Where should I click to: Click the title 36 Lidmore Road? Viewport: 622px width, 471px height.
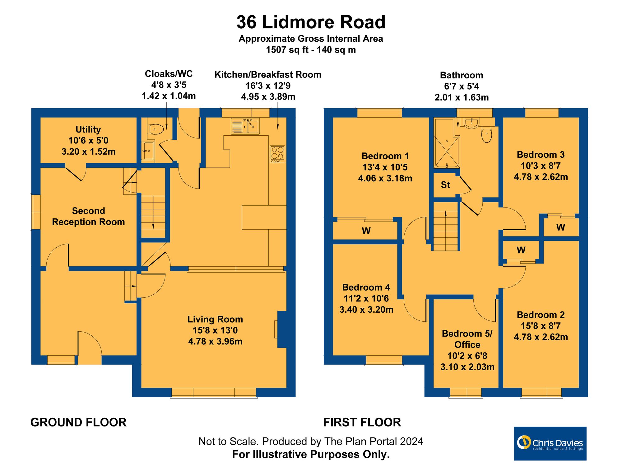pyautogui.click(x=311, y=22)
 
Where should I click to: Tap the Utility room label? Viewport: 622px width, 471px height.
pyautogui.click(x=88, y=129)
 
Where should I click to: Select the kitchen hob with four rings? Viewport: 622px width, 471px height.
pyautogui.click(x=277, y=154)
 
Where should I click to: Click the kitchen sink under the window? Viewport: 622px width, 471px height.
pyautogui.click(x=245, y=126)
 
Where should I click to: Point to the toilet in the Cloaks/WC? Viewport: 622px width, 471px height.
pyautogui.click(x=156, y=129)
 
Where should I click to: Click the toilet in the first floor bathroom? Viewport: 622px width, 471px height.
pyautogui.click(x=486, y=135)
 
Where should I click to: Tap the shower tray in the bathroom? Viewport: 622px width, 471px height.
pyautogui.click(x=446, y=143)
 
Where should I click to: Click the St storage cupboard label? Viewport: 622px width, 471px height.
pyautogui.click(x=445, y=185)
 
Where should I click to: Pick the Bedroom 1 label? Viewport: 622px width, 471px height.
pyautogui.click(x=385, y=156)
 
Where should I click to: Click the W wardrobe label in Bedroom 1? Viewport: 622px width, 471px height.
pyautogui.click(x=366, y=231)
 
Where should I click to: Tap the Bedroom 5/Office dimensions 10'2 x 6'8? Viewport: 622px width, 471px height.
pyautogui.click(x=467, y=356)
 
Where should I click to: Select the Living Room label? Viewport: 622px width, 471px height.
pyautogui.click(x=215, y=319)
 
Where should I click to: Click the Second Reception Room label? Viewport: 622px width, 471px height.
pyautogui.click(x=88, y=216)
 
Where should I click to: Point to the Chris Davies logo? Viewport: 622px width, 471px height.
pyautogui.click(x=550, y=443)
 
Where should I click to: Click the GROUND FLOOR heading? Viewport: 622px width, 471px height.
pyautogui.click(x=78, y=422)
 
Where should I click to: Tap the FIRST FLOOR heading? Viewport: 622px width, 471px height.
pyautogui.click(x=362, y=422)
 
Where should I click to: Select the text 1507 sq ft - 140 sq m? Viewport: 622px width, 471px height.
pyautogui.click(x=311, y=50)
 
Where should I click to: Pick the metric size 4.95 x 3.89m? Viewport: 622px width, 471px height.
pyautogui.click(x=268, y=97)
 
